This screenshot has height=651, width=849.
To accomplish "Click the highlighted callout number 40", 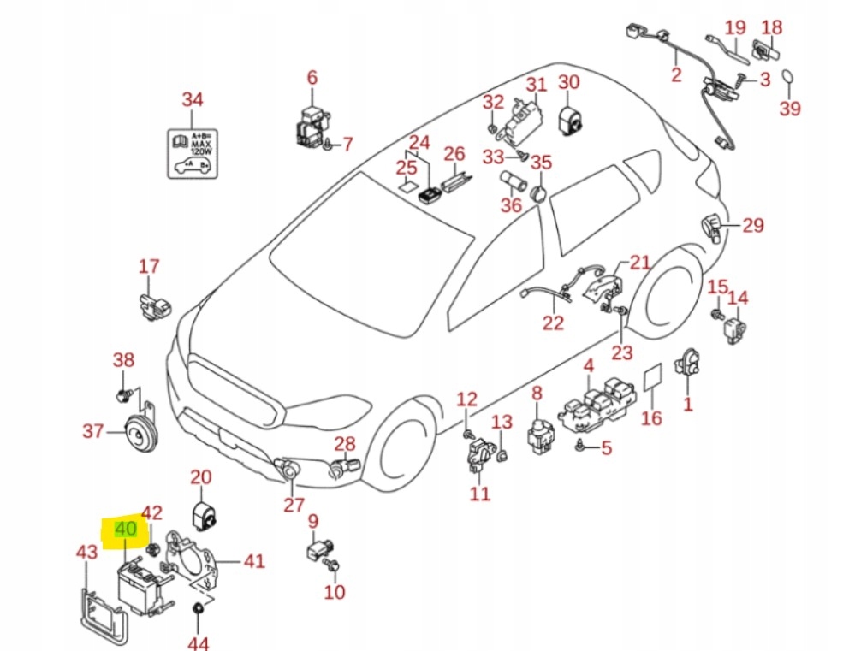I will point(125,530).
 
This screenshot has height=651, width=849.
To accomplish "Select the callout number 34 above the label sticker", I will point(193,100).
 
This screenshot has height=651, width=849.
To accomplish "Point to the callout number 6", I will point(312,78).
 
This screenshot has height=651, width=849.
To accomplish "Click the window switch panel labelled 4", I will point(600,402).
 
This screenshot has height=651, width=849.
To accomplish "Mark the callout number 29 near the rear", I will point(752,226).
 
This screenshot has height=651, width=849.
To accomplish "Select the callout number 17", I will point(149,266).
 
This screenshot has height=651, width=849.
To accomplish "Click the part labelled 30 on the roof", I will point(570,120).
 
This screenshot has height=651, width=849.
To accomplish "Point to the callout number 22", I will point(554,323).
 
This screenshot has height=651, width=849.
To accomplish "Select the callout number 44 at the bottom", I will point(198,642).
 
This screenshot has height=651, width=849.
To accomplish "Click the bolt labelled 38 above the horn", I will point(123,395).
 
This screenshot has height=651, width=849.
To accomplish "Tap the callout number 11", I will point(479,494).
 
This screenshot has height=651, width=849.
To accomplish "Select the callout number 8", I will point(537,394).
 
